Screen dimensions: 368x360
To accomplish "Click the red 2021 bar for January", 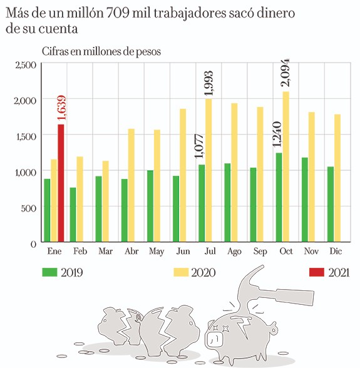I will (61, 183).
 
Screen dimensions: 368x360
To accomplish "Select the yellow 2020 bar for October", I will (285, 167).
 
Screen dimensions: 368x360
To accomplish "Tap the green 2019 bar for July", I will (202, 203).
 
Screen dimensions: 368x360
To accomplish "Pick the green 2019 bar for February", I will (73, 215).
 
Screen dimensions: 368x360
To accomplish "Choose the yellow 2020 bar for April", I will (131, 185).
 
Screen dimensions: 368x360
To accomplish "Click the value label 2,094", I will (286, 74).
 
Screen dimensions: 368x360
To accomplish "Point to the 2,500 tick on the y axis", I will (25, 64).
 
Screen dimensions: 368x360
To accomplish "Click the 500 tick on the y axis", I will (29, 208).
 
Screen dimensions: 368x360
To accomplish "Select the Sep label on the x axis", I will (259, 251).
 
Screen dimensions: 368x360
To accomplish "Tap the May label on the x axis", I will (157, 251).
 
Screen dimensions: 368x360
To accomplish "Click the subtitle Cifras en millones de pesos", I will (101, 51).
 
